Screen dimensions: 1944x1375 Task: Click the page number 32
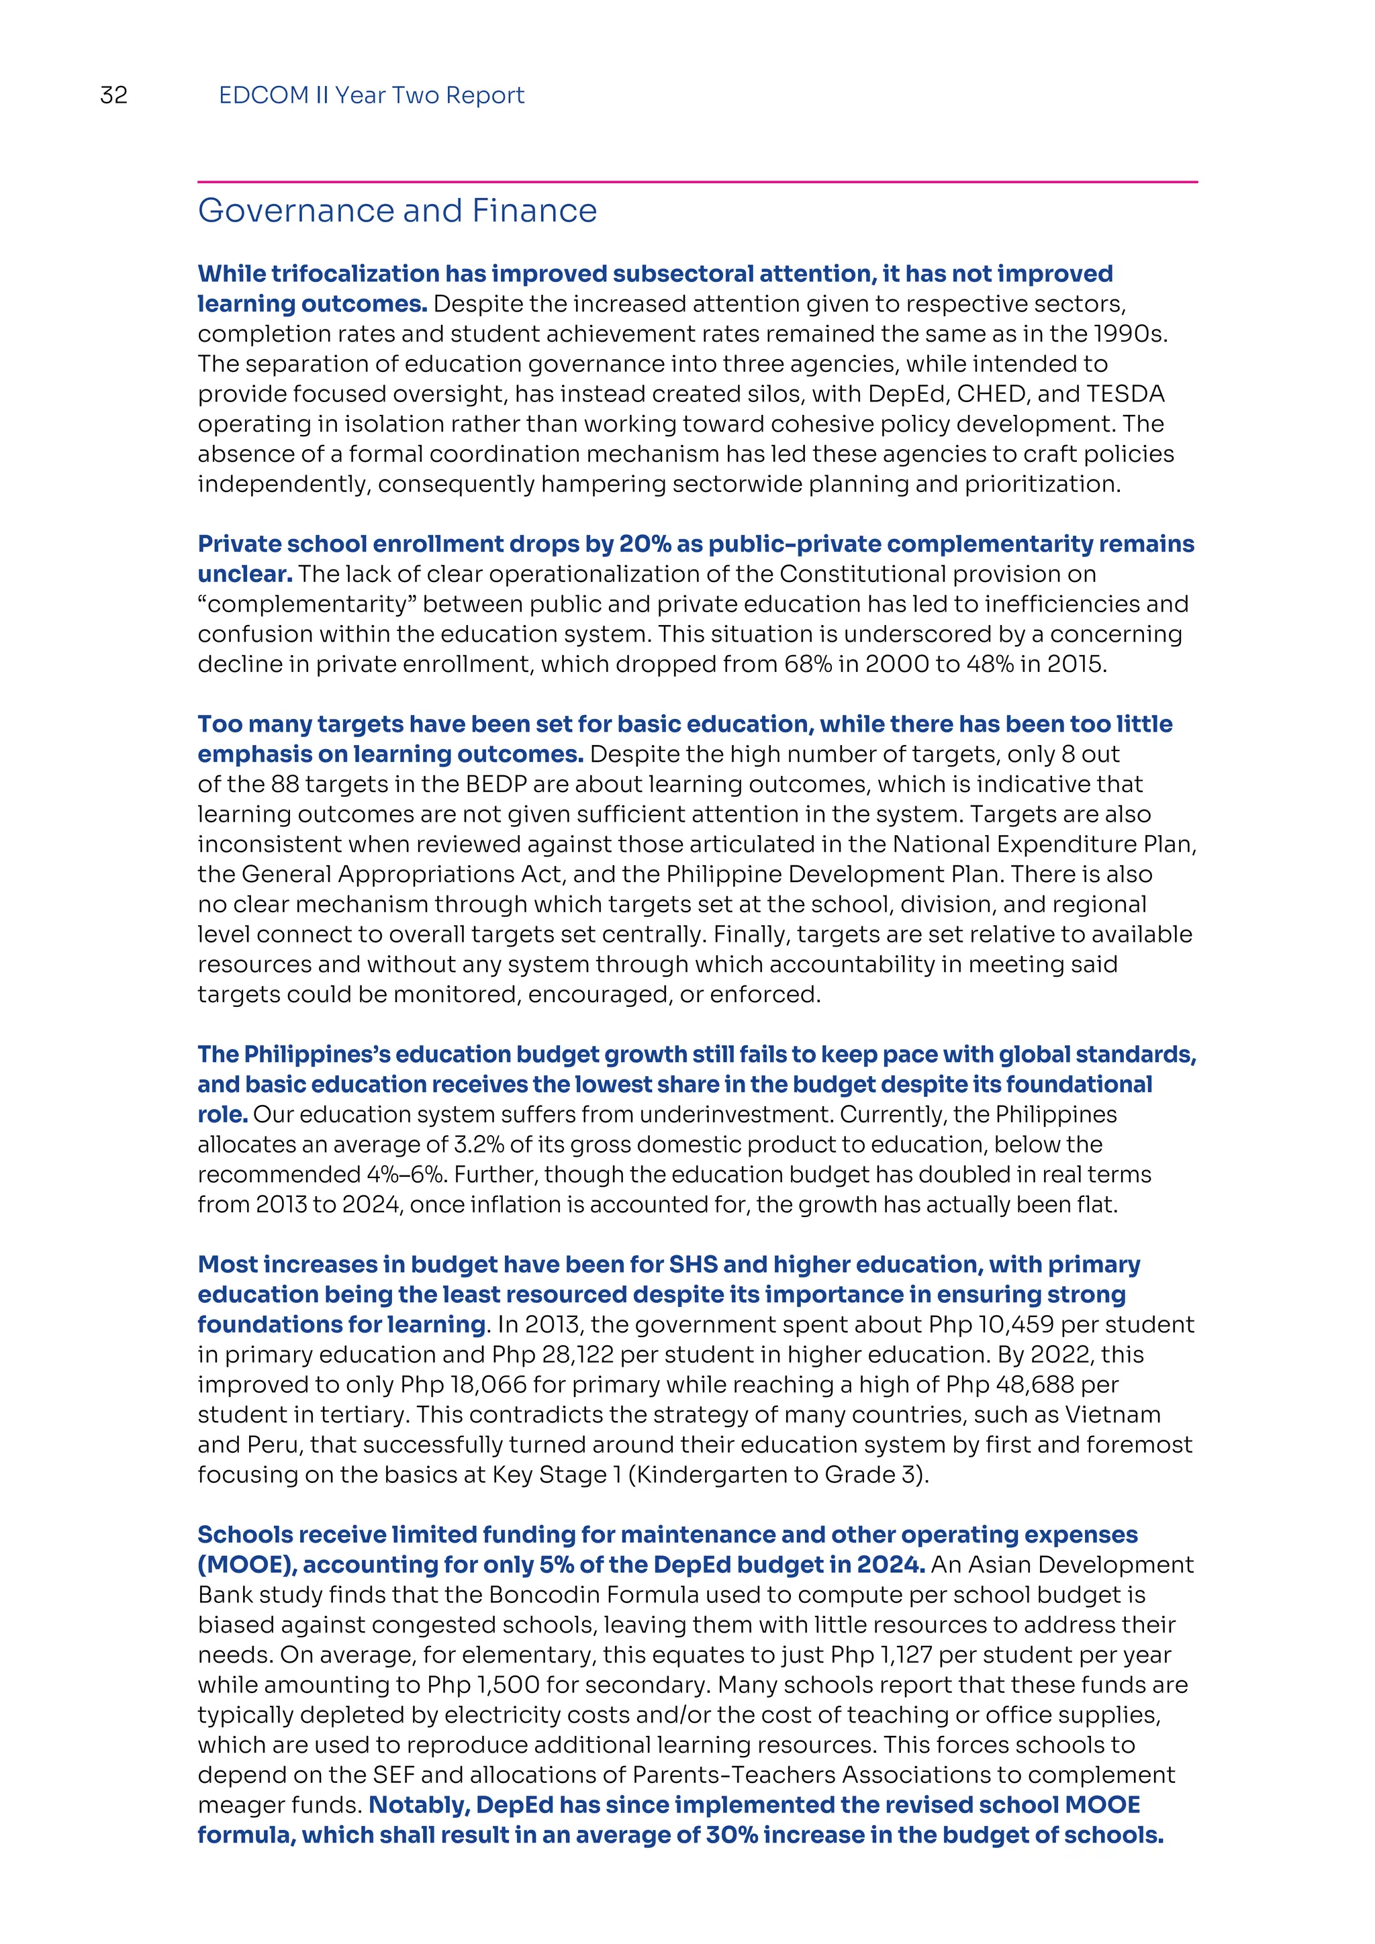113,95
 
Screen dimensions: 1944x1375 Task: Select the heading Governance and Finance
397,211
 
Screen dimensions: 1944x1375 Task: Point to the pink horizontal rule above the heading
697,181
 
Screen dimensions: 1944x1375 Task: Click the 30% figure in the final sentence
732,1835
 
